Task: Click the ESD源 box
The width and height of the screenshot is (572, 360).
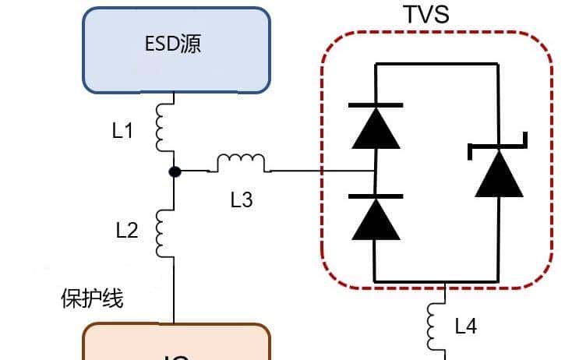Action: coord(176,48)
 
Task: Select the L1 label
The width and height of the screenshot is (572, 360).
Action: coord(123,130)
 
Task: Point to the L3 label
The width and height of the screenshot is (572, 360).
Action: coord(242,200)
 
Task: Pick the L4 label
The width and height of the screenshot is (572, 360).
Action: coord(465,326)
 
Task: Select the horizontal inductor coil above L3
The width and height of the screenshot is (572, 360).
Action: coord(241,163)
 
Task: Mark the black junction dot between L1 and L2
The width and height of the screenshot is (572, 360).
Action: coord(175,171)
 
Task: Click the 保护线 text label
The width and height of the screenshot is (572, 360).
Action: coord(92,298)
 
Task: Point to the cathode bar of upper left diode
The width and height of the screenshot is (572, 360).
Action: coord(376,105)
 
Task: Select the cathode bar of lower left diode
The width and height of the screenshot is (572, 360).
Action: coord(376,196)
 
